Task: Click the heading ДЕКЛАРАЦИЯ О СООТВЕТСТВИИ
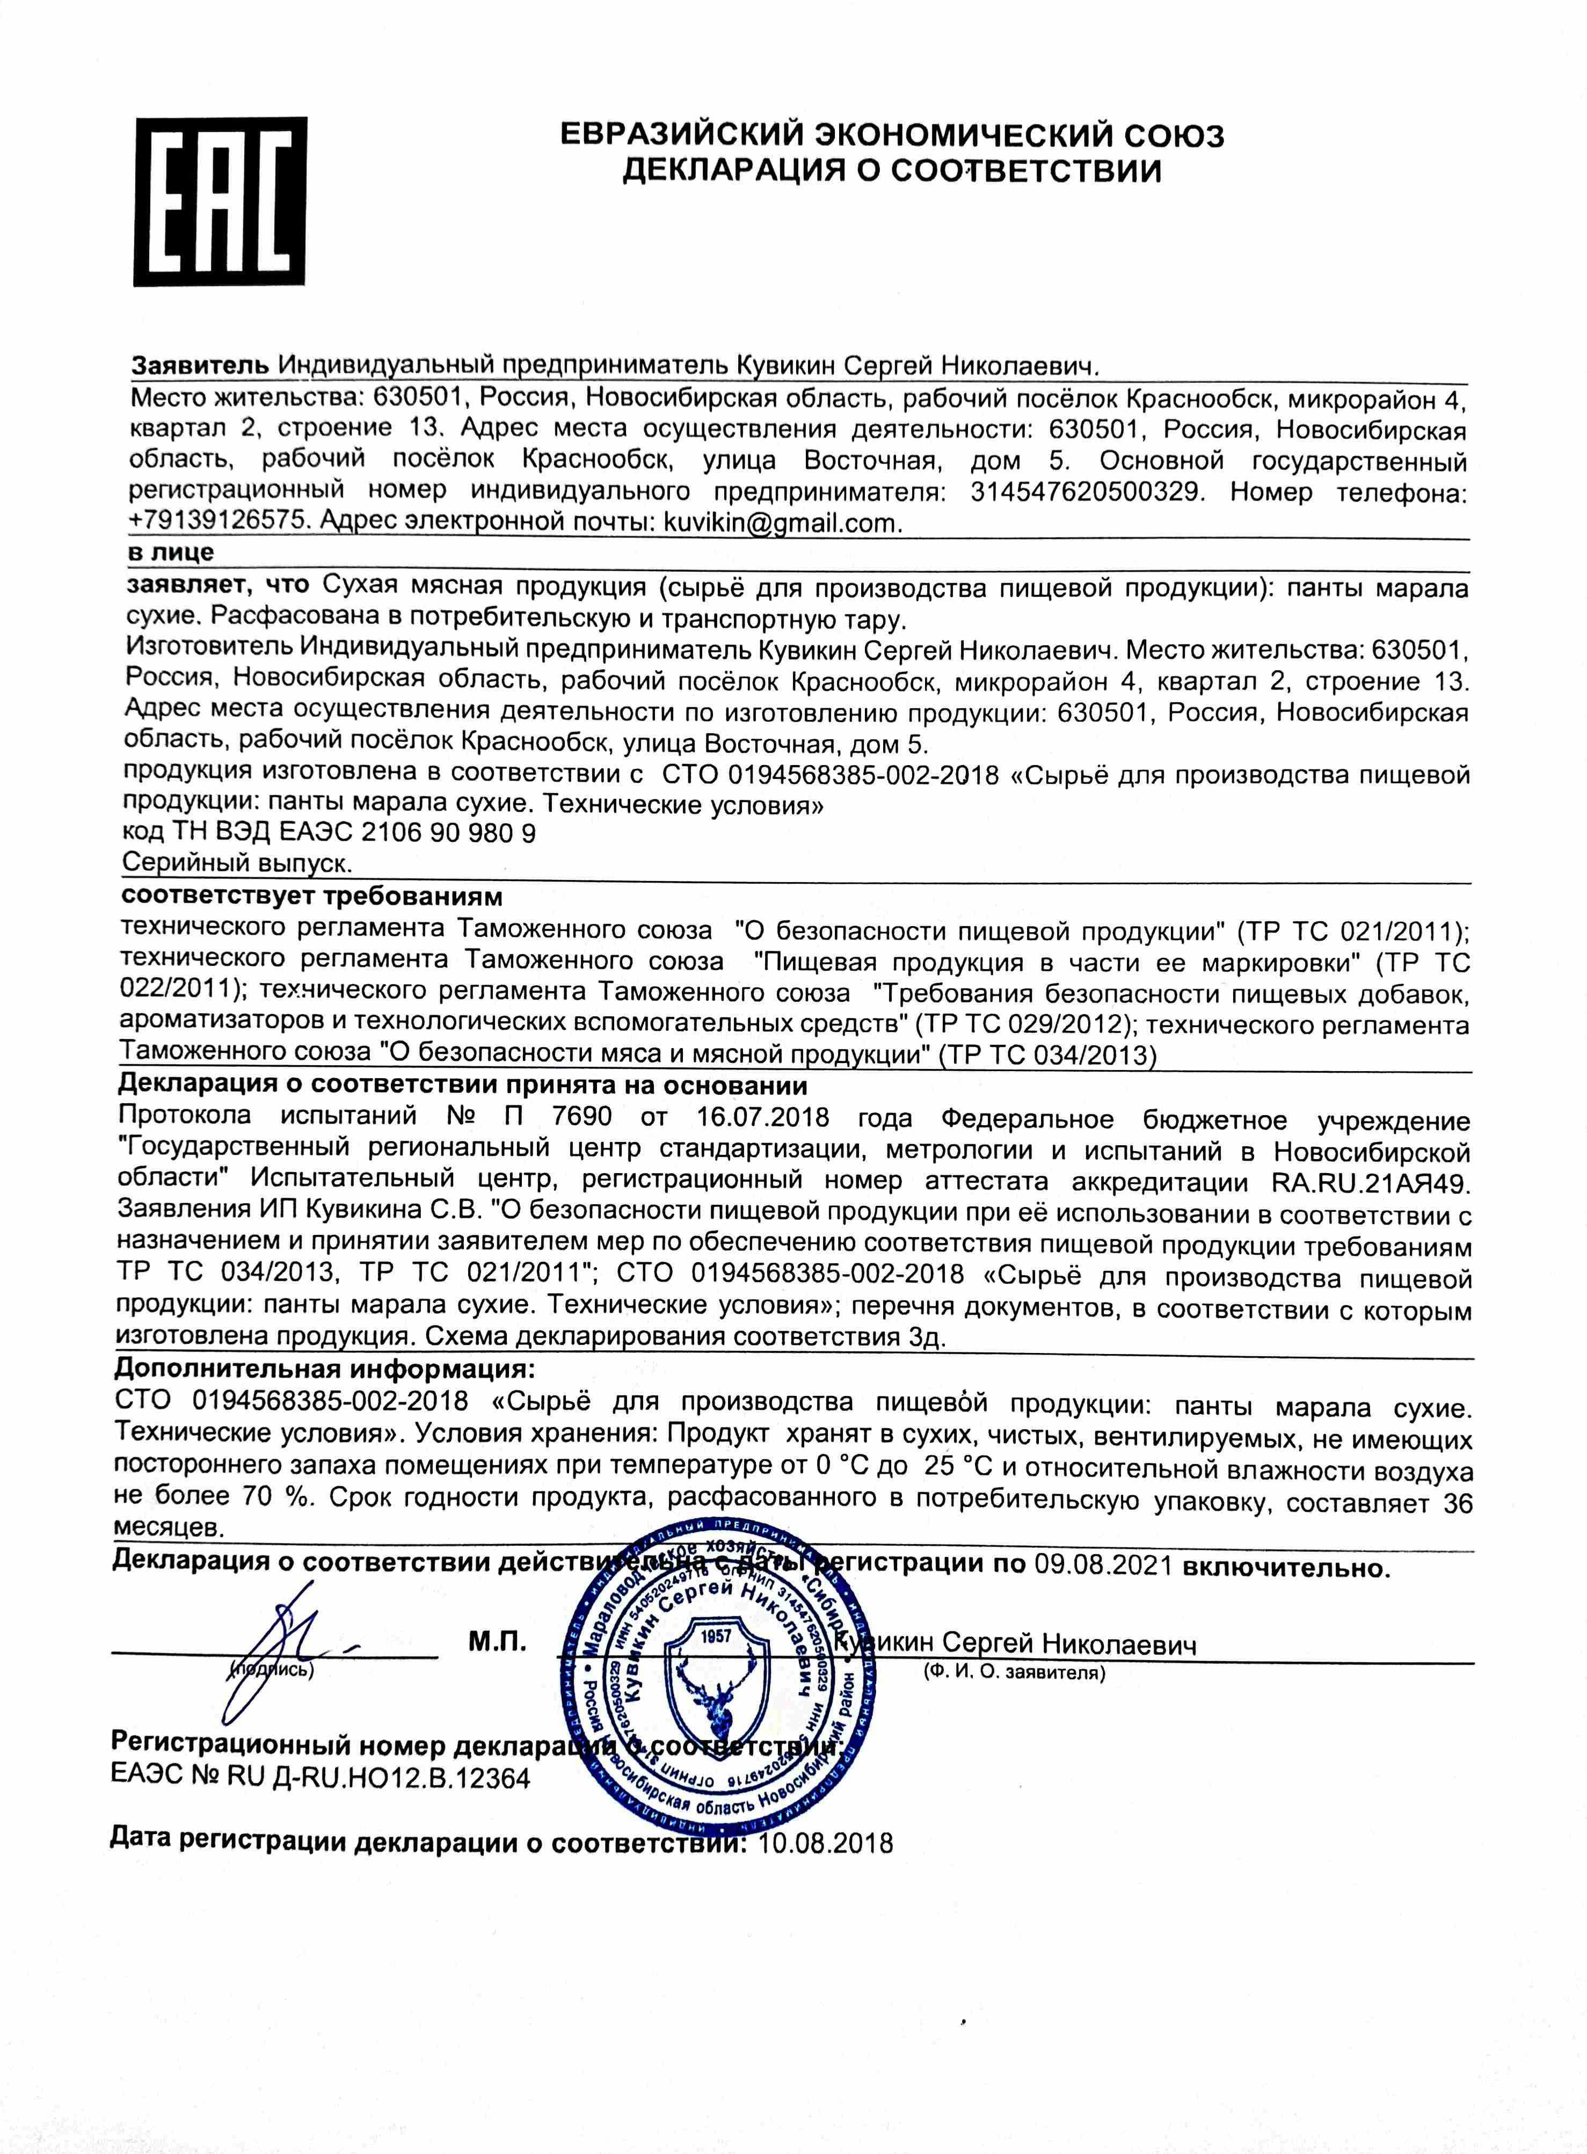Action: [892, 171]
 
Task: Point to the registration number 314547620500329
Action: [1086, 492]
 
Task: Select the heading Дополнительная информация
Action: [325, 1368]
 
